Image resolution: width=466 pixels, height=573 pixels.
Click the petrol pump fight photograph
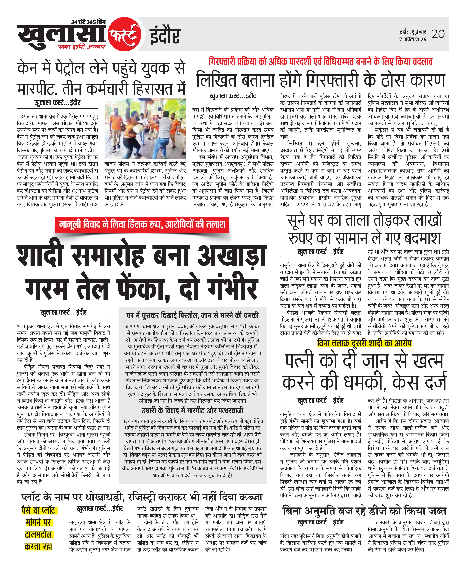tap(145, 129)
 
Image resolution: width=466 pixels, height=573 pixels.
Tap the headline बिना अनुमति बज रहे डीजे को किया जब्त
tap(364, 511)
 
